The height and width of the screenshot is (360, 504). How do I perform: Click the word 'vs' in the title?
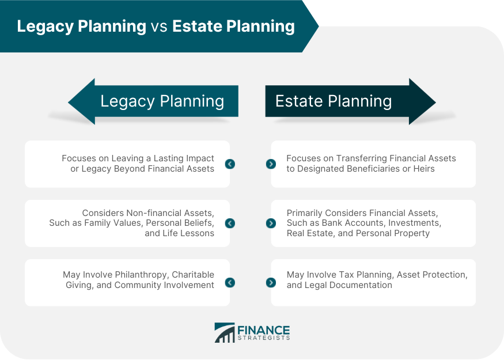[159, 26]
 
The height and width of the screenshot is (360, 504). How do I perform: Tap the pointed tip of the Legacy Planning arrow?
[69, 103]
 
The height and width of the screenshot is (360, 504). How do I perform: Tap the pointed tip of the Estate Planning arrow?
[435, 103]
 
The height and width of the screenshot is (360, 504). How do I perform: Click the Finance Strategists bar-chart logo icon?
[225, 333]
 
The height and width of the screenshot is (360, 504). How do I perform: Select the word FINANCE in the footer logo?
[264, 330]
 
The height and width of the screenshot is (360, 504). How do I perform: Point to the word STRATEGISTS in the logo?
[264, 338]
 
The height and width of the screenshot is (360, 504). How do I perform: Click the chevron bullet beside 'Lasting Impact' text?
[230, 164]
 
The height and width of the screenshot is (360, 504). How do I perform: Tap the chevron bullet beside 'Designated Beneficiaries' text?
[271, 164]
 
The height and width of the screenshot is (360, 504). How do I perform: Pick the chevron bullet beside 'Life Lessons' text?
[230, 223]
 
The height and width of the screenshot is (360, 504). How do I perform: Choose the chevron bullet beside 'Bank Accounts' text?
[271, 223]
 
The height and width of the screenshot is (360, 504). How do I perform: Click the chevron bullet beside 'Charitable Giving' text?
[230, 283]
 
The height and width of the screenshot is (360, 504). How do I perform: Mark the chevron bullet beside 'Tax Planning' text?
[271, 283]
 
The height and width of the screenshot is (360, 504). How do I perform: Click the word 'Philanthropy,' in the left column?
[142, 275]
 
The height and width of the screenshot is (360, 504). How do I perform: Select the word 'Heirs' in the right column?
[424, 169]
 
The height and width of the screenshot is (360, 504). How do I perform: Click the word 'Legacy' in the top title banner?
[46, 26]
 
